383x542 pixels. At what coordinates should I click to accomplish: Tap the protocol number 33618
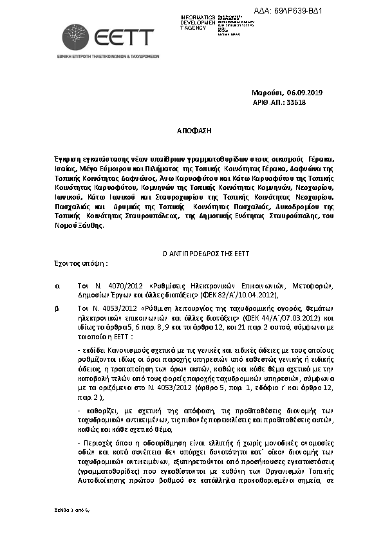coord(296,102)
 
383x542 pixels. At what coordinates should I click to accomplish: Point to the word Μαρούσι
coord(267,92)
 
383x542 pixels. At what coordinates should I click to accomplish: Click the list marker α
coord(58,284)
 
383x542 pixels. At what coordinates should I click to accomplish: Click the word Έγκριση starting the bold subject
coord(70,158)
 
